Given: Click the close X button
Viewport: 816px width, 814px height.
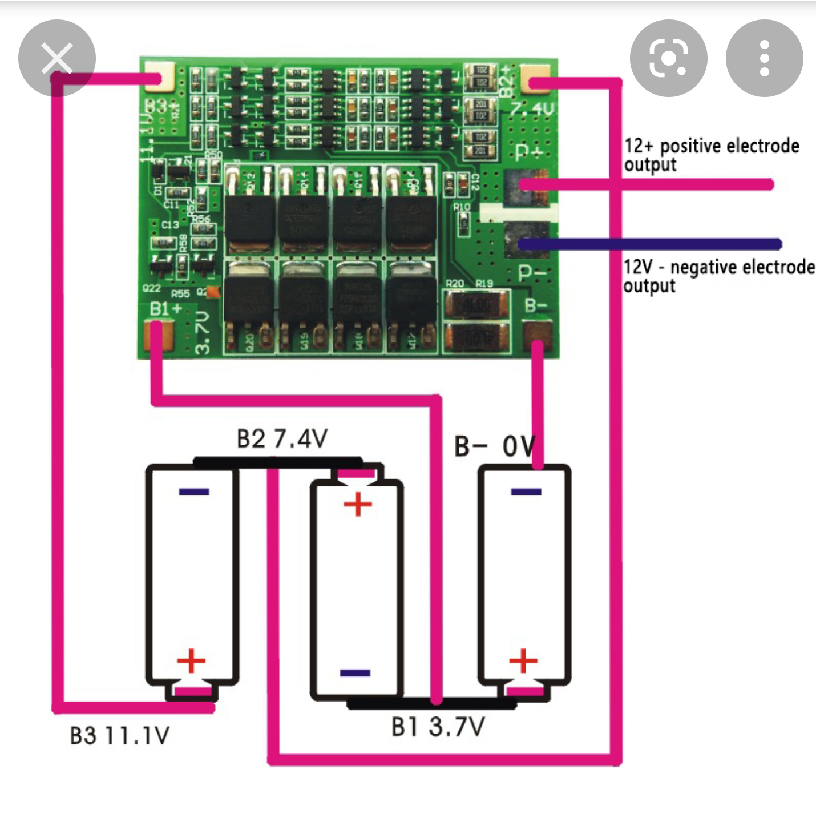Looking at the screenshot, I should click(57, 58).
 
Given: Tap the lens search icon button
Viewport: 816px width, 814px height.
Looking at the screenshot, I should click(668, 58).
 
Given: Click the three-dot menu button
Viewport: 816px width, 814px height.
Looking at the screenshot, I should click(764, 58).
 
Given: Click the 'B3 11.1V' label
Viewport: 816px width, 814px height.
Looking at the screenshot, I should click(119, 736).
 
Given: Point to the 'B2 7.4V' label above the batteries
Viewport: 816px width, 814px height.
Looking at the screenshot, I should click(282, 439).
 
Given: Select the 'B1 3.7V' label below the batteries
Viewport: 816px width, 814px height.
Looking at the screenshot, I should click(438, 727).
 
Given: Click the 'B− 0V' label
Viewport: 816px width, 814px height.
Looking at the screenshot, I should click(494, 446).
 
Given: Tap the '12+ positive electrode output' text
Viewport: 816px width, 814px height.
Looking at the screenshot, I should click(711, 154).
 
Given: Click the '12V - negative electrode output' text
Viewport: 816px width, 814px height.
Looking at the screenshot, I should click(718, 275).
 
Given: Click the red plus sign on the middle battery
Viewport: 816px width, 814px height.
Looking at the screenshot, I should click(358, 505).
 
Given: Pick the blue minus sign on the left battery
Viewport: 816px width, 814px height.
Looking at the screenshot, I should click(194, 491).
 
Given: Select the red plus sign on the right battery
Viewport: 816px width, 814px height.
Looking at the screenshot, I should click(523, 660).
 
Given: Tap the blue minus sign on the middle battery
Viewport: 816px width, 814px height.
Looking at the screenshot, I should click(355, 673).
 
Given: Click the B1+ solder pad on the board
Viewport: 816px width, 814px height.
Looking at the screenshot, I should click(159, 335).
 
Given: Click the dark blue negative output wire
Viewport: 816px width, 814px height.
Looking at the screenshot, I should click(651, 244).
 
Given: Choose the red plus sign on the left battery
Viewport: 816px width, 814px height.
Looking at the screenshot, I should click(191, 660).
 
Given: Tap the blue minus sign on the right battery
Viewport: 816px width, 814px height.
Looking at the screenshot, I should click(526, 491).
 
